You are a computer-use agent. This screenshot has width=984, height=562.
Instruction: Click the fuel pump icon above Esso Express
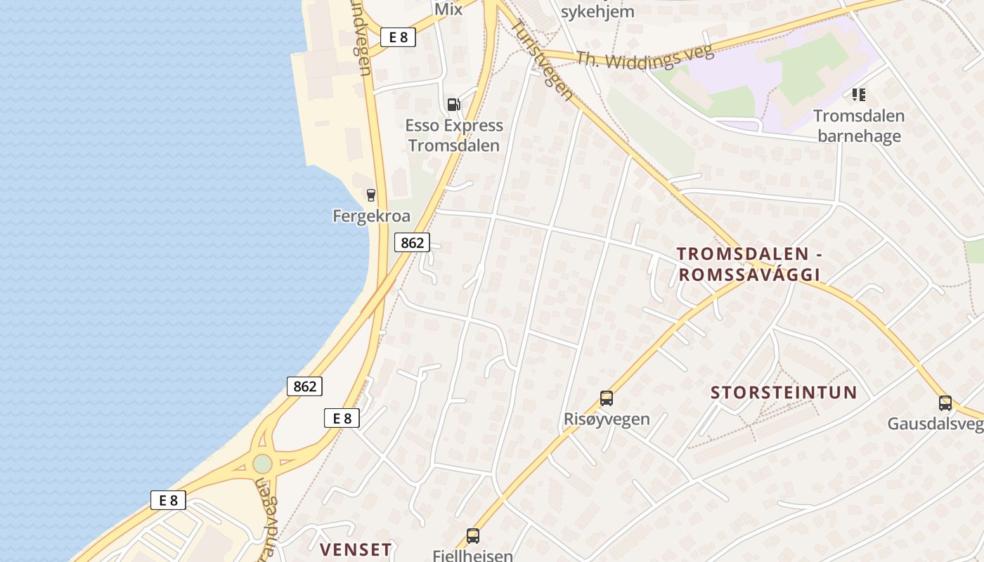point(454,105)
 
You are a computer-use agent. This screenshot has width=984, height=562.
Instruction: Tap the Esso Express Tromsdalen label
point(454,136)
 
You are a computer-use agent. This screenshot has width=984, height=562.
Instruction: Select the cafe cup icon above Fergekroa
point(371,195)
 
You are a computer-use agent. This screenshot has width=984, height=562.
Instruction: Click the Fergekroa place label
point(371,216)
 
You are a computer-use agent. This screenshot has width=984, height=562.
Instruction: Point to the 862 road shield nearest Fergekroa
point(412,242)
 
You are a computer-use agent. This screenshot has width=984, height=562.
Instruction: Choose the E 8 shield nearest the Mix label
point(398,37)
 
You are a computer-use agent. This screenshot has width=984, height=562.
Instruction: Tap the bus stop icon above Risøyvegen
point(607,398)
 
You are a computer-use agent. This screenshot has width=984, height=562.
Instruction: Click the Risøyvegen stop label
point(607,419)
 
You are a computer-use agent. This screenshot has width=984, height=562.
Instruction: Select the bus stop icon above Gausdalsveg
point(945,403)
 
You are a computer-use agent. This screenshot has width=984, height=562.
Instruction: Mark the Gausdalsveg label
point(935,424)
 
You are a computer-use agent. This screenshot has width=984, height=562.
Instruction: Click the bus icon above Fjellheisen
point(473,536)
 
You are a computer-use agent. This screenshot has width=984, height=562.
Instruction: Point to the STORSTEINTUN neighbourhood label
point(784,393)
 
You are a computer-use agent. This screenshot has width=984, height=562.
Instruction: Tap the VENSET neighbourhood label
point(356,549)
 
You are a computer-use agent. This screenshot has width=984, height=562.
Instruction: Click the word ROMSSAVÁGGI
point(749,275)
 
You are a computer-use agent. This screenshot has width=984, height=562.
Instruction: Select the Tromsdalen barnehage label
point(859,126)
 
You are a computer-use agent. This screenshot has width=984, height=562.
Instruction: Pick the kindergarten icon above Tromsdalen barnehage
point(859,94)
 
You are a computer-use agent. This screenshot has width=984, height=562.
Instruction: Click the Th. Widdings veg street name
point(645,56)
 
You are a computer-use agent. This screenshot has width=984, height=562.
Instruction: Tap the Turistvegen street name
point(541,59)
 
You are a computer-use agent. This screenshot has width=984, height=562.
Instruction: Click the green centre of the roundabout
point(262,464)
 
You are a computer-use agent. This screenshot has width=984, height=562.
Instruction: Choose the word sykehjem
point(597,11)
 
